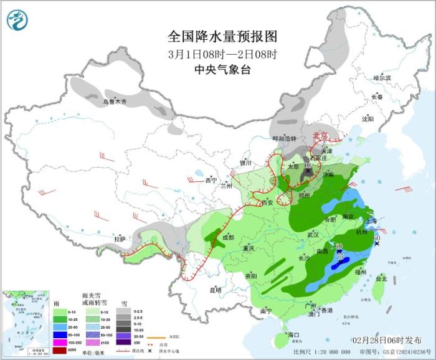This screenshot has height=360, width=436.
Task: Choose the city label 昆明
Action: (214, 290)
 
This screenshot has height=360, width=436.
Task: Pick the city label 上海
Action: (371, 220)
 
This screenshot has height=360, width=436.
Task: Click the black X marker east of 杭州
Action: (377, 244)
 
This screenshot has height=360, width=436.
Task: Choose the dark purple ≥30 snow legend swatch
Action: (124, 341)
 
